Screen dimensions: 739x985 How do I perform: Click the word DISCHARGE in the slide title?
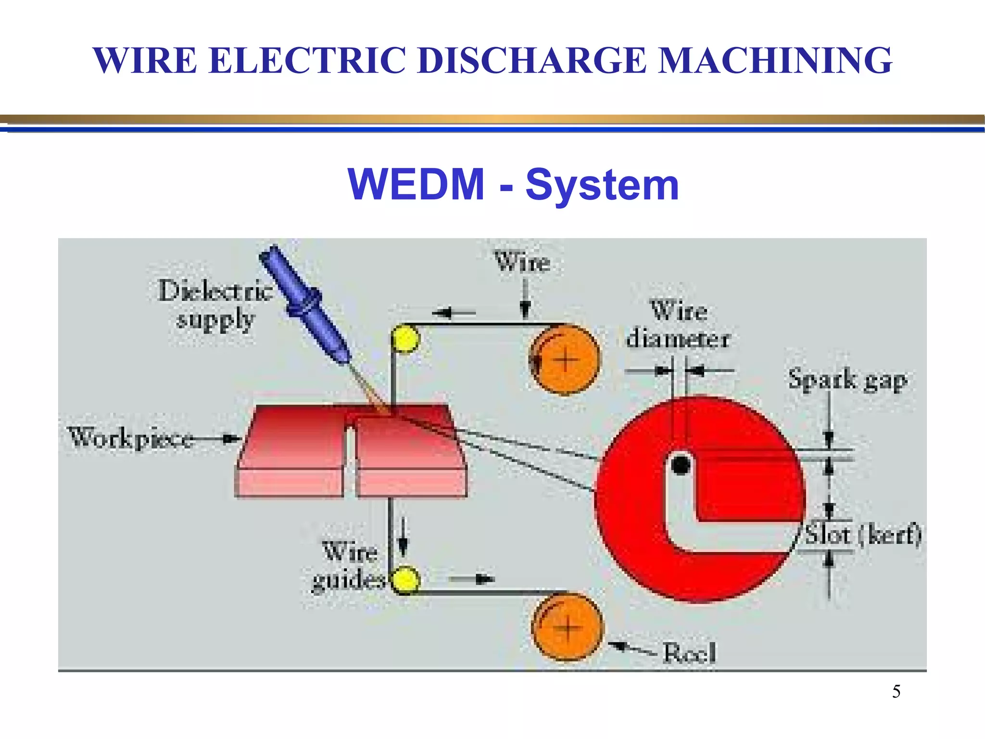click(x=531, y=61)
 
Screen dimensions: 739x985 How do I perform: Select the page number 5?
click(x=896, y=691)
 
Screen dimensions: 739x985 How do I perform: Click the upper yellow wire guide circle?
click(x=405, y=339)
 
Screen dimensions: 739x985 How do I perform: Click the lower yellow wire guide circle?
click(x=405, y=580)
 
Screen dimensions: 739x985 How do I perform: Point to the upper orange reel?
click(x=566, y=360)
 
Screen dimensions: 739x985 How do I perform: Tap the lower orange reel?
click(x=568, y=627)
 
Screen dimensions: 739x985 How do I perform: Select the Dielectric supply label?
click(x=215, y=305)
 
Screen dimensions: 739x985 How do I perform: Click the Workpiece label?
click(x=131, y=438)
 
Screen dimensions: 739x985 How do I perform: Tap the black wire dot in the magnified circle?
click(x=681, y=465)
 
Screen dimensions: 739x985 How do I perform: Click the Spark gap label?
click(x=847, y=380)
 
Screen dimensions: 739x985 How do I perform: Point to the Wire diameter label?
click(x=678, y=324)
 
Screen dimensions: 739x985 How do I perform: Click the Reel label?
click(x=689, y=653)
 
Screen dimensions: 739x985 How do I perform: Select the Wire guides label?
click(x=350, y=565)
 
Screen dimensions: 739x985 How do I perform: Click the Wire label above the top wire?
click(x=522, y=262)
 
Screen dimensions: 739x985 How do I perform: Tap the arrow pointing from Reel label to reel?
click(x=631, y=648)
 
